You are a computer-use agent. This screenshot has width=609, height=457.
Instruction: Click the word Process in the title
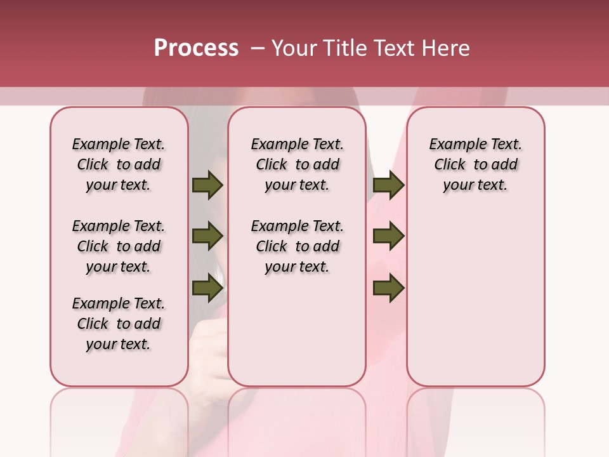pos(196,48)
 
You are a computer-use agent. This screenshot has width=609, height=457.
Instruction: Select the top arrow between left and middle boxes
pos(207,185)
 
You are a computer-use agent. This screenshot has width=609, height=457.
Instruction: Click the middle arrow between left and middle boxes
pos(207,237)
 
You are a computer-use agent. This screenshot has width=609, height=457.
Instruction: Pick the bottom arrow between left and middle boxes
pos(207,288)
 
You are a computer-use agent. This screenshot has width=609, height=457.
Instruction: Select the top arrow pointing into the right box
pos(388,185)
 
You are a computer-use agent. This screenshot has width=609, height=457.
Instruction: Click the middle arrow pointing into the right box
pos(388,237)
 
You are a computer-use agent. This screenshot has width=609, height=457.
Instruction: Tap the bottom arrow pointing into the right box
pos(388,288)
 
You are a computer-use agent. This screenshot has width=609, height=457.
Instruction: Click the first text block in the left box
pos(119,164)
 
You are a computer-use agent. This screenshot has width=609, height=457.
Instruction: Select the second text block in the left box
pos(119,246)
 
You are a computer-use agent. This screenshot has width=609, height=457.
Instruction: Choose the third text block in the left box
pos(119,324)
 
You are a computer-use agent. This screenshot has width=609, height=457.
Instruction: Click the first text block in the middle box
pos(297,164)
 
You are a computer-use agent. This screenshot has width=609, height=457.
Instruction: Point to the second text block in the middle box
pos(297,246)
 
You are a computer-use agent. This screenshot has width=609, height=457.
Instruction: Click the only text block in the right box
pos(476,164)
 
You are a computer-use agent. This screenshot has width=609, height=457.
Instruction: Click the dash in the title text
pos(257,48)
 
